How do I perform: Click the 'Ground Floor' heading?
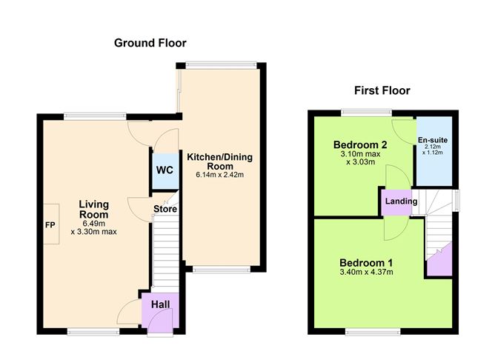point(150,43)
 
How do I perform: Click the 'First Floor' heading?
point(382,90)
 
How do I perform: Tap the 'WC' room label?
point(165,170)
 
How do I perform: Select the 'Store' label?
point(165,209)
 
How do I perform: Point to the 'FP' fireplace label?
point(50,224)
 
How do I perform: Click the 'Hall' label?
point(160,304)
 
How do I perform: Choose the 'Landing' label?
point(401,201)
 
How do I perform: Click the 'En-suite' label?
point(433,140)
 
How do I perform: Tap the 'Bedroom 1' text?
point(366,262)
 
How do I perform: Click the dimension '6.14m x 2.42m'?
point(220,175)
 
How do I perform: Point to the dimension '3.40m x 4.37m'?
point(366,273)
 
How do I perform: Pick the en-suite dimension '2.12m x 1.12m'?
point(433,151)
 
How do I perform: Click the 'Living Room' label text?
point(94,210)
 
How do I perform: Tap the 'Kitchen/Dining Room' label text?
point(220,161)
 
